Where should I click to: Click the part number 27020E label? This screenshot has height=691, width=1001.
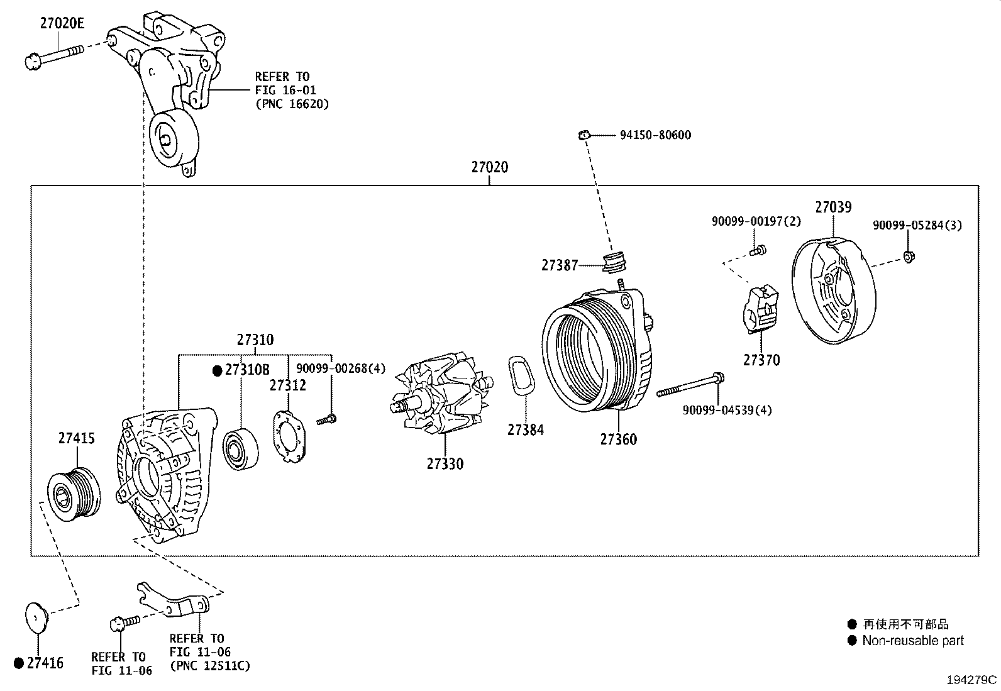pyautogui.click(x=62, y=24)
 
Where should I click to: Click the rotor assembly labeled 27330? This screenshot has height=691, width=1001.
pyautogui.click(x=440, y=396)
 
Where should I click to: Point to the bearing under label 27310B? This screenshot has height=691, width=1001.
pyautogui.click(x=240, y=448)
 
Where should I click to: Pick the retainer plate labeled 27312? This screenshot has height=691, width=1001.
pyautogui.click(x=289, y=438)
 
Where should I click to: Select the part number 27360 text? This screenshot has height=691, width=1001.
pyautogui.click(x=618, y=439)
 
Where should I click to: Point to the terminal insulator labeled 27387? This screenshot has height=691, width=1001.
pyautogui.click(x=614, y=263)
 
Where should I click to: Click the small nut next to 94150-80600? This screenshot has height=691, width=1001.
pyautogui.click(x=583, y=135)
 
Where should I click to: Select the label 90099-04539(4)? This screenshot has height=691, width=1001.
pyautogui.click(x=727, y=410)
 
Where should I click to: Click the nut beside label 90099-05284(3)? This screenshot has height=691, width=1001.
pyautogui.click(x=909, y=255)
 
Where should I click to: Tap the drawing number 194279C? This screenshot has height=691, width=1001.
pyautogui.click(x=972, y=680)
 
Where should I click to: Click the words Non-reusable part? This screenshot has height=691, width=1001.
pyautogui.click(x=912, y=641)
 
